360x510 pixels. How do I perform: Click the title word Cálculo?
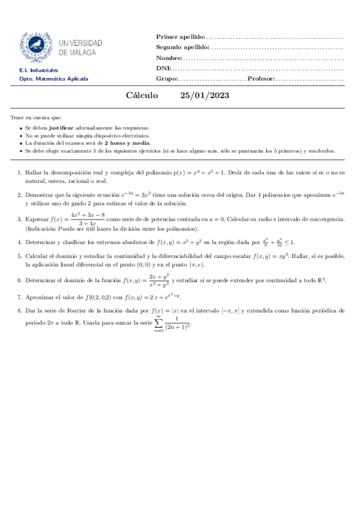pyautogui.click(x=142, y=96)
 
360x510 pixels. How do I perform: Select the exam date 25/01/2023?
pyautogui.click(x=204, y=96)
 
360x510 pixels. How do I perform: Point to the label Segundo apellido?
pyautogui.click(x=183, y=47)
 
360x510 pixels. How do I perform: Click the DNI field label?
pyautogui.click(x=163, y=69)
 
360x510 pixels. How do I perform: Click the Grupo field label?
pyautogui.click(x=166, y=79)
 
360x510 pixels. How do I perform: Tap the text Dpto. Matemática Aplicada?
pyautogui.click(x=53, y=79)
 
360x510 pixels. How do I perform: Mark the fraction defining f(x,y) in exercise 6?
pyautogui.click(x=159, y=280)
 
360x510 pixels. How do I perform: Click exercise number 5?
pyautogui.click(x=19, y=256)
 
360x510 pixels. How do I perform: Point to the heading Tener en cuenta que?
pyautogui.click(x=36, y=117)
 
